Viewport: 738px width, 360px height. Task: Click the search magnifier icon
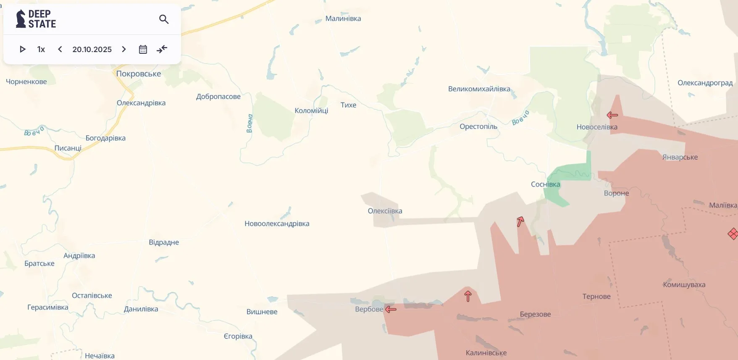[164, 19]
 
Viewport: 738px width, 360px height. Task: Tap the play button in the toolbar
[23, 49]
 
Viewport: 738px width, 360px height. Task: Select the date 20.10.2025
[92, 49]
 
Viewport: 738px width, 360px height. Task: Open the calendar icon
[143, 49]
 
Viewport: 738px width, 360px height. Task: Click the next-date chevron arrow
[124, 49]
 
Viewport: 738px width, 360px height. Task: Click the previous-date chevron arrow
[60, 49]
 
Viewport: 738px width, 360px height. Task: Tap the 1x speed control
[41, 49]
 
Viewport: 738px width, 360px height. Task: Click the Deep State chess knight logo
[21, 19]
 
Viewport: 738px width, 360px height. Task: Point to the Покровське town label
[138, 74]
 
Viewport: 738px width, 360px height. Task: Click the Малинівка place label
[343, 18]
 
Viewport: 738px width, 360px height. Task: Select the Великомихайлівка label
[479, 89]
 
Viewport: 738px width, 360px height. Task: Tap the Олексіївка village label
[385, 211]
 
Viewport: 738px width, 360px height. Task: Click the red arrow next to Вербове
[391, 310]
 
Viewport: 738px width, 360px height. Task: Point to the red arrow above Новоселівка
[612, 115]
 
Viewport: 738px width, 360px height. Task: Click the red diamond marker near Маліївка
[733, 234]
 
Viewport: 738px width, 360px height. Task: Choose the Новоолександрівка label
[277, 223]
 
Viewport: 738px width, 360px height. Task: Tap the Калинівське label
[486, 353]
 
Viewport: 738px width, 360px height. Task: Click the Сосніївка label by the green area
[545, 184]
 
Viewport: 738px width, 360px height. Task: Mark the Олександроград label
[705, 83]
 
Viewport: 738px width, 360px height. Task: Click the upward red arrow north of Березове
[468, 296]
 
